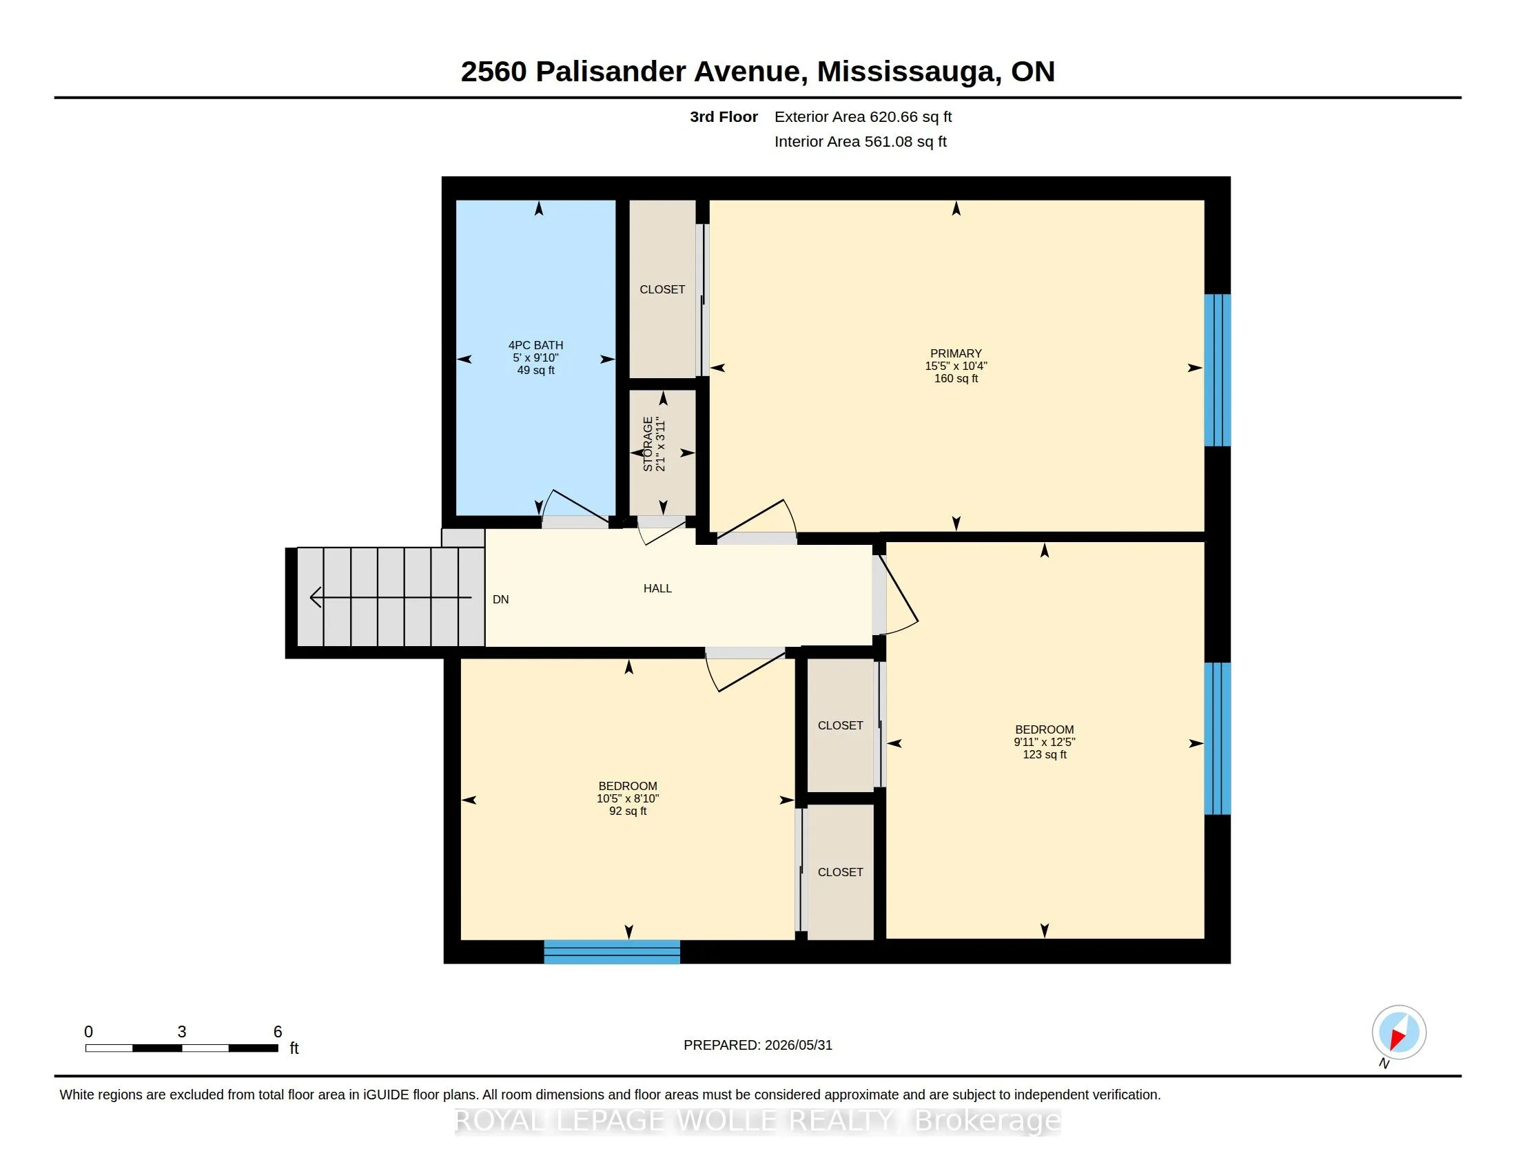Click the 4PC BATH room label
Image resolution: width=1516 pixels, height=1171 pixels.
(x=536, y=345)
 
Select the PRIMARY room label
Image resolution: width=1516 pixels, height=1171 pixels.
(x=956, y=353)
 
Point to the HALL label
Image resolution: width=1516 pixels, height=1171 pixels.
(x=657, y=588)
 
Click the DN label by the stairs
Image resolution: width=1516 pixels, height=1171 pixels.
(x=500, y=599)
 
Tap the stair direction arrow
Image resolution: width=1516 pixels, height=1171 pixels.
(x=391, y=597)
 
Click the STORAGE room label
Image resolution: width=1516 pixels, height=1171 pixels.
(x=648, y=444)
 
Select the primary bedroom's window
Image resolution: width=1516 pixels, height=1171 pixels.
(x=1218, y=370)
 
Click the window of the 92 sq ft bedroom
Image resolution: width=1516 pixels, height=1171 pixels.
(x=611, y=952)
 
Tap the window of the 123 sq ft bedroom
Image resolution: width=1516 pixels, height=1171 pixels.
(x=1218, y=738)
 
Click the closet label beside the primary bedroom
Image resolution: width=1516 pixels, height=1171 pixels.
(x=662, y=289)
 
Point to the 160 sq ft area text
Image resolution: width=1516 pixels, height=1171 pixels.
(x=956, y=379)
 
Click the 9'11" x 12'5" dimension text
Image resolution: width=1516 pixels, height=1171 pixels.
(x=1044, y=743)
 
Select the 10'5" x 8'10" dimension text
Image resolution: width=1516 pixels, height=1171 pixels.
(x=628, y=798)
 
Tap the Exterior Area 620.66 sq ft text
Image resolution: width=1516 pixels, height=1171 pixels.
(x=863, y=117)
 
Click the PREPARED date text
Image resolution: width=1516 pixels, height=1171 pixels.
(x=758, y=1046)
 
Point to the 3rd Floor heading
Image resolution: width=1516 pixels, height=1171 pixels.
(x=724, y=117)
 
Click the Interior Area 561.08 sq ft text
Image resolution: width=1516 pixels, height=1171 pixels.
(x=860, y=141)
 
